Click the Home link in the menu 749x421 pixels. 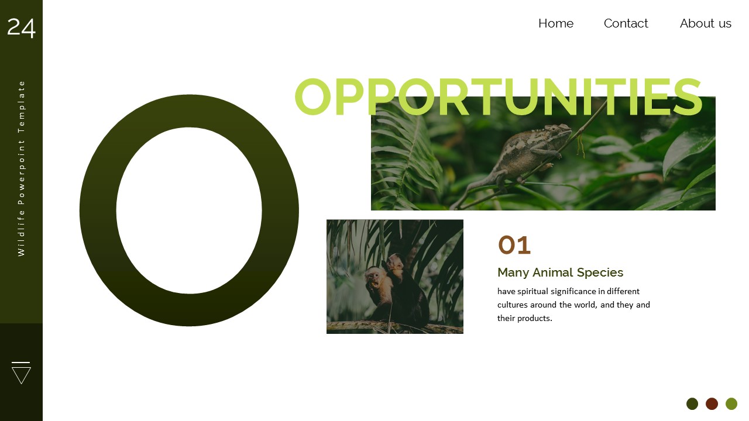pyautogui.click(x=555, y=23)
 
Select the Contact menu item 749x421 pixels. pyautogui.click(x=626, y=23)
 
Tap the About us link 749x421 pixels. pyautogui.click(x=705, y=23)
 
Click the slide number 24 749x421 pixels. pyautogui.click(x=21, y=27)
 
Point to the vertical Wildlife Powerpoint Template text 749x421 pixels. pyautogui.click(x=22, y=168)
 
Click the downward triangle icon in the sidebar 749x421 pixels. pyautogui.click(x=21, y=374)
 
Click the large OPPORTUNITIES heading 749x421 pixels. pyautogui.click(x=497, y=98)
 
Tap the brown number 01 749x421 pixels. pyautogui.click(x=514, y=246)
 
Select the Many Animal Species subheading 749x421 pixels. pyautogui.click(x=560, y=272)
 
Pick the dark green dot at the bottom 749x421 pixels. pyautogui.click(x=692, y=403)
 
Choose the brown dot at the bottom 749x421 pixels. pyautogui.click(x=712, y=403)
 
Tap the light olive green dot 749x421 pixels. pyautogui.click(x=731, y=403)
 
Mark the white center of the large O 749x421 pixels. pyautogui.click(x=189, y=210)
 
